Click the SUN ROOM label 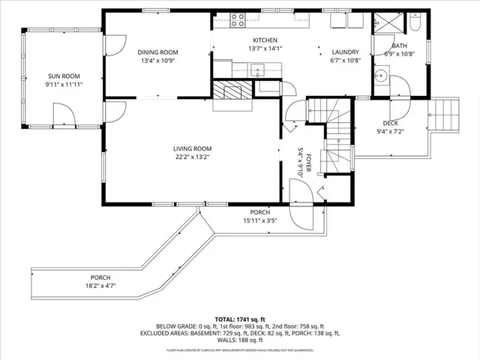pyautogui.click(x=63, y=76)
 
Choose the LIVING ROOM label pyautogui.click(x=193, y=148)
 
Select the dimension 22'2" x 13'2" pyautogui.click(x=193, y=157)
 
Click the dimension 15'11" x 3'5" pyautogui.click(x=260, y=220)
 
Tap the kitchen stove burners pyautogui.click(x=238, y=19)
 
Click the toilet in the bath pyautogui.click(x=415, y=24)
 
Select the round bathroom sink pyautogui.click(x=381, y=75)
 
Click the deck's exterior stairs pyautogui.click(x=447, y=115)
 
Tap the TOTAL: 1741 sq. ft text pyautogui.click(x=240, y=319)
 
